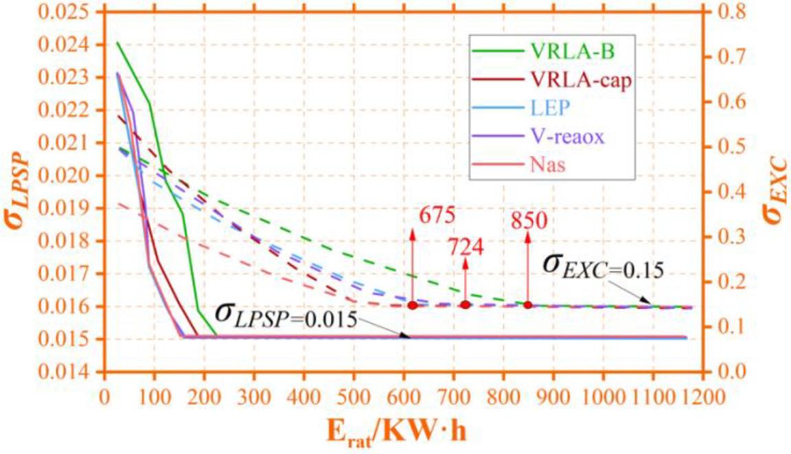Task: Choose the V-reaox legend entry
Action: (x=567, y=137)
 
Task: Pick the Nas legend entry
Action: (x=548, y=166)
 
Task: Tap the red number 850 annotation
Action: (x=529, y=220)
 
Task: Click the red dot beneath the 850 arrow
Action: (x=528, y=305)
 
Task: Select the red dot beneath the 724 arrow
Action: (x=466, y=305)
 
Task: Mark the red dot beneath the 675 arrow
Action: (x=413, y=305)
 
